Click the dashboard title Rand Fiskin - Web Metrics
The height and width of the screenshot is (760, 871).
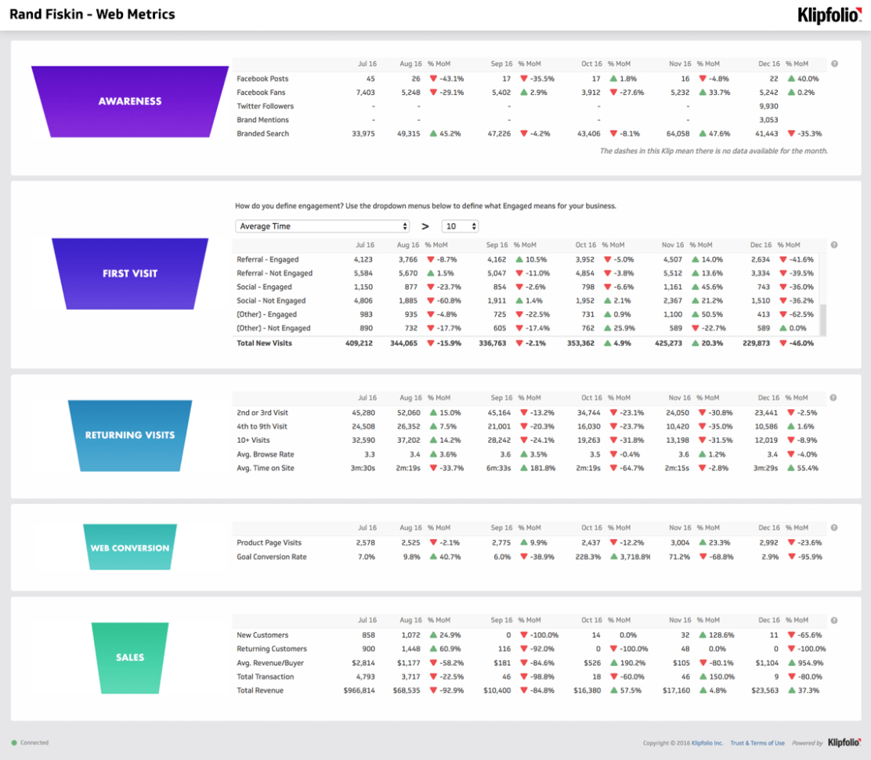click(92, 14)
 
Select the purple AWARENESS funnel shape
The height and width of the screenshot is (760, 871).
click(130, 101)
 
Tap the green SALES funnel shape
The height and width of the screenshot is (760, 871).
click(130, 657)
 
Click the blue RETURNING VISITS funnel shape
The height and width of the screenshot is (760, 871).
click(130, 435)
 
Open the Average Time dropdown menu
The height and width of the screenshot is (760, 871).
click(323, 226)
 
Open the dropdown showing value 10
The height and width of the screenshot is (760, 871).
click(460, 226)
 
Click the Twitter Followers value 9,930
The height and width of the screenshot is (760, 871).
click(768, 106)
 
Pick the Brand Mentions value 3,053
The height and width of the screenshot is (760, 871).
click(768, 120)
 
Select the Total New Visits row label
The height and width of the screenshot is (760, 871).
click(264, 343)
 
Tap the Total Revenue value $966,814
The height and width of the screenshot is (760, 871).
click(359, 690)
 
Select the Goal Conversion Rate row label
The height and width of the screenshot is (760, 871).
click(271, 557)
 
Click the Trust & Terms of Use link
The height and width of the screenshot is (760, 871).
click(757, 743)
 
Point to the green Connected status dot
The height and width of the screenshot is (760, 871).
click(14, 743)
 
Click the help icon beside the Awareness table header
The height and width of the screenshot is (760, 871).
click(834, 64)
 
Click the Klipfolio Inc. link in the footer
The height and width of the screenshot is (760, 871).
click(707, 743)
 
